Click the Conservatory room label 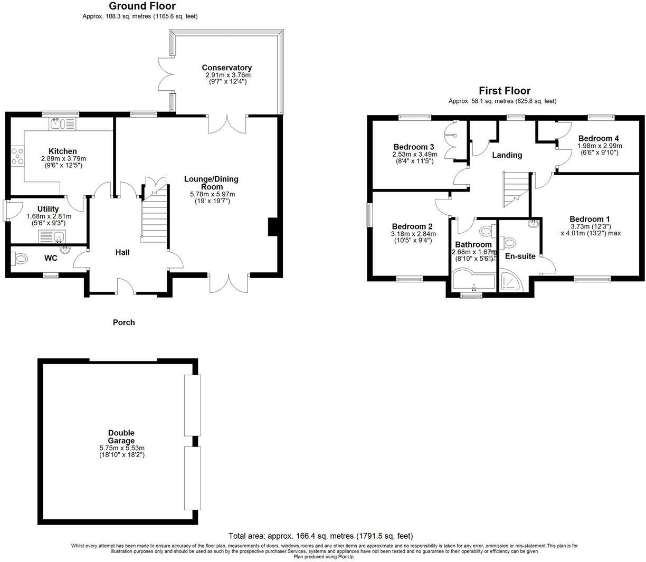(226, 68)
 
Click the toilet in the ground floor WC (21, 259)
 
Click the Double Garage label (121, 436)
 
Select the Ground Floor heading (142, 6)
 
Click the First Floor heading (504, 90)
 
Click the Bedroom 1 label (590, 219)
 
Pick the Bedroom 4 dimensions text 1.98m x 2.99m (600, 146)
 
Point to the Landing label (507, 155)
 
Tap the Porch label (123, 322)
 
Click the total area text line (320, 536)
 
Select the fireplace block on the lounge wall (272, 226)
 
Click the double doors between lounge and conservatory (227, 123)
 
